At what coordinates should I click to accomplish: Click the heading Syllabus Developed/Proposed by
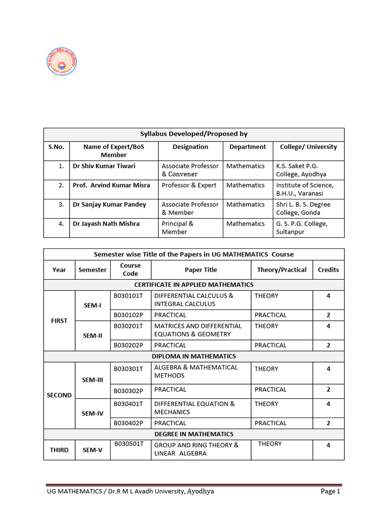coord(193,134)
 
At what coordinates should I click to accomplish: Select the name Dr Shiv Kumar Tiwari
coord(104,166)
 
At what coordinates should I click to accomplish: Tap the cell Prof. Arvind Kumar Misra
coord(111,185)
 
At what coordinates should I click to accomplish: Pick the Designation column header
coord(190,147)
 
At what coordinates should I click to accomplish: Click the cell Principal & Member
coord(174,228)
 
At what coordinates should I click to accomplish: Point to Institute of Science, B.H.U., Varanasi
coord(305,189)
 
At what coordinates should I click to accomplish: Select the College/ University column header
coord(308,147)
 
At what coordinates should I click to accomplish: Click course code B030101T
coord(128,296)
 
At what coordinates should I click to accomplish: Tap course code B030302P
coord(128,390)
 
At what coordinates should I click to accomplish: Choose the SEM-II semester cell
coord(92,335)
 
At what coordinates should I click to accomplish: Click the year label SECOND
coord(59,395)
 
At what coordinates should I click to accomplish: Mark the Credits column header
coord(328,270)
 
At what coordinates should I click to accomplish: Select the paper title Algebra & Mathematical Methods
coord(196,372)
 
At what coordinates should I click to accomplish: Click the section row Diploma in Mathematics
coord(193,356)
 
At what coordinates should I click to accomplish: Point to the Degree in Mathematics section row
coord(193,434)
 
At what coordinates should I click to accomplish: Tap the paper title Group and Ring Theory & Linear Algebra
coord(197,449)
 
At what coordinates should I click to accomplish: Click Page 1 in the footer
coord(331,491)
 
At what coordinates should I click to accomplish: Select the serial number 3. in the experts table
coord(61,204)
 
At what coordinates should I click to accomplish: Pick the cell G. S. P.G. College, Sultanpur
coord(302,228)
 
